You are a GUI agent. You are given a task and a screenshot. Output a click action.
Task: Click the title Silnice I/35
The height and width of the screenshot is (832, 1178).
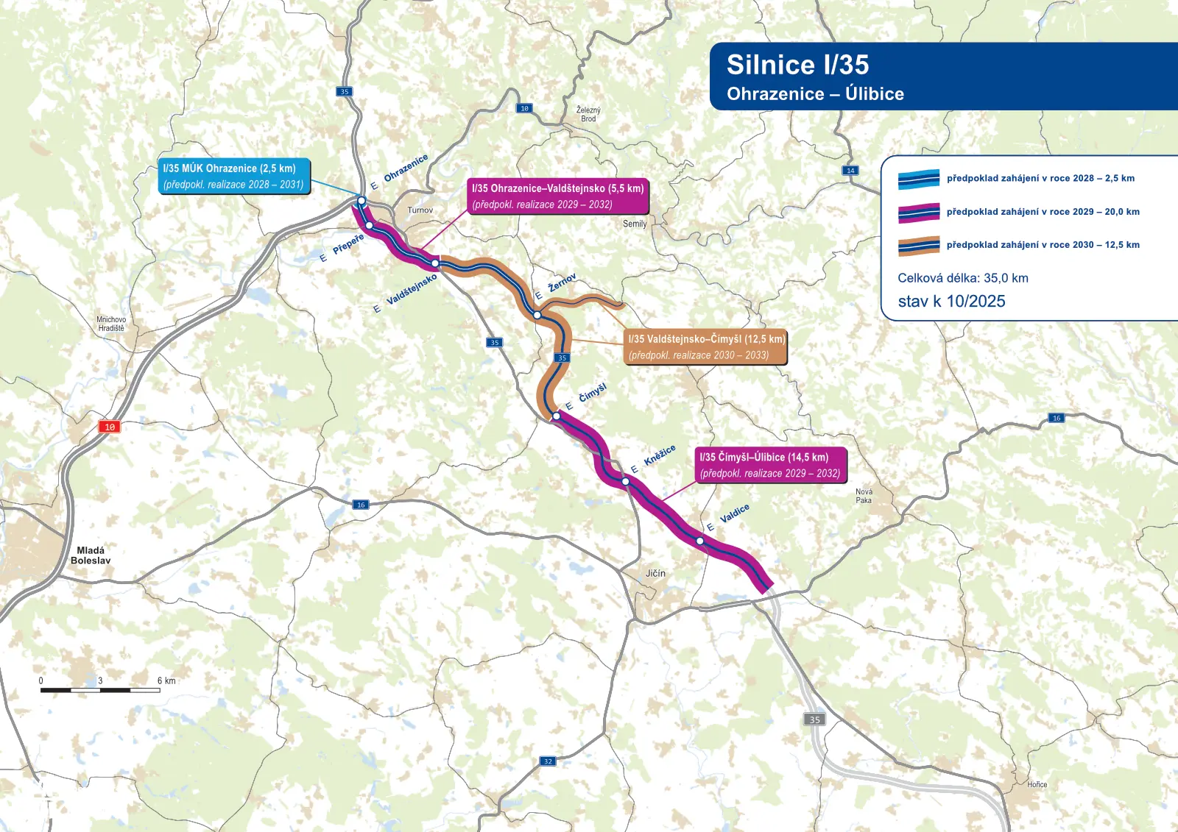pyautogui.click(x=797, y=65)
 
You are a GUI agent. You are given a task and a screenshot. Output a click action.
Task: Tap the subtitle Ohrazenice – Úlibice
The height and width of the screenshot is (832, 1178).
pyautogui.click(x=815, y=94)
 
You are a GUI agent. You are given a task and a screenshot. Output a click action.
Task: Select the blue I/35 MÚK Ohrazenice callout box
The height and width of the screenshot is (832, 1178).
pyautogui.click(x=233, y=177)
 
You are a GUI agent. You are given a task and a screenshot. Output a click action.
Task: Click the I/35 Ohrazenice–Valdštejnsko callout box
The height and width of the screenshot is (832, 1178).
pyautogui.click(x=557, y=196)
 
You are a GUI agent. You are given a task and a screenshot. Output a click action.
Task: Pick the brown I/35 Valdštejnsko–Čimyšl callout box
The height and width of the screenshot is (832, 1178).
pyautogui.click(x=705, y=347)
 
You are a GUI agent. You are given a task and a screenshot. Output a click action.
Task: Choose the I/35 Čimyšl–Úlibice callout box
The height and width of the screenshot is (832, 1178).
pyautogui.click(x=770, y=465)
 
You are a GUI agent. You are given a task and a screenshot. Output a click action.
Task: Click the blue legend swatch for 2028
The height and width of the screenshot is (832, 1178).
pyautogui.click(x=918, y=179)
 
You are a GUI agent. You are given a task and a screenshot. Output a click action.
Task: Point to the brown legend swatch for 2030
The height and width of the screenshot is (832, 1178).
pyautogui.click(x=918, y=246)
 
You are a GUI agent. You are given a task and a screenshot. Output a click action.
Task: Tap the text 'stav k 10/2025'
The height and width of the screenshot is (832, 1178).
pyautogui.click(x=951, y=302)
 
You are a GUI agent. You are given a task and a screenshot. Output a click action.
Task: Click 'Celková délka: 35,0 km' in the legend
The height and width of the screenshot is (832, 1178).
pyautogui.click(x=962, y=278)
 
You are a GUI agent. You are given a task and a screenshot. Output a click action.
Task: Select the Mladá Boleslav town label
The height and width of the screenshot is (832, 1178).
pyautogui.click(x=91, y=555)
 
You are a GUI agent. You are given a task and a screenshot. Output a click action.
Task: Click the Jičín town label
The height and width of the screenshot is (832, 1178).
pyautogui.click(x=655, y=573)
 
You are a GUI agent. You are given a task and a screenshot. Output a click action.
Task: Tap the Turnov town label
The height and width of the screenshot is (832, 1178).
pyautogui.click(x=420, y=210)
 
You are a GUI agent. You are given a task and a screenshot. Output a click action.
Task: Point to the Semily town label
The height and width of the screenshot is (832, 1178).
pyautogui.click(x=635, y=224)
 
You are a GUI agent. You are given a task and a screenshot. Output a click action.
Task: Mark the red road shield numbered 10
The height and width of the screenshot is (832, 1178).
pyautogui.click(x=109, y=427)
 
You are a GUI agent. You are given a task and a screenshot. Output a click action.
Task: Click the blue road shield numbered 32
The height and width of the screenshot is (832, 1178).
pyautogui.click(x=548, y=761)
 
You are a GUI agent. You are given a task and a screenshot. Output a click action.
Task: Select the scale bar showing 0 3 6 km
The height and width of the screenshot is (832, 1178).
pyautogui.click(x=100, y=689)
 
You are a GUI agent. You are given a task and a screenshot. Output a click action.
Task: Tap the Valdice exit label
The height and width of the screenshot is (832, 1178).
pyautogui.click(x=734, y=513)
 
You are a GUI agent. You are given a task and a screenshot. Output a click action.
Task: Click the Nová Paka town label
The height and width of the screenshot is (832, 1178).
pyautogui.click(x=864, y=497)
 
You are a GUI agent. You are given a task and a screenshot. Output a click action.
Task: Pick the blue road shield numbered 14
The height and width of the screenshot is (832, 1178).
pyautogui.click(x=850, y=171)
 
